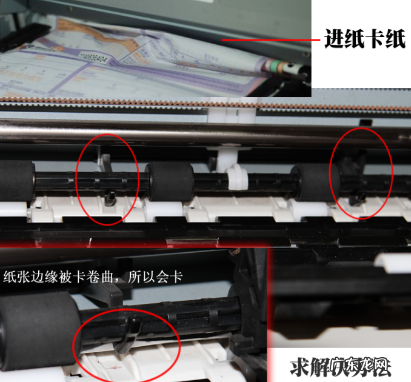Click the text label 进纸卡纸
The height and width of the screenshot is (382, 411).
pos(365,41)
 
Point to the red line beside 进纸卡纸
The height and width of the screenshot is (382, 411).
pos(270,41)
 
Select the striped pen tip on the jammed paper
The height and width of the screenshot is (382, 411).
pos(286,67)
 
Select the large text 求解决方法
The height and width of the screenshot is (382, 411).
pos(339,367)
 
